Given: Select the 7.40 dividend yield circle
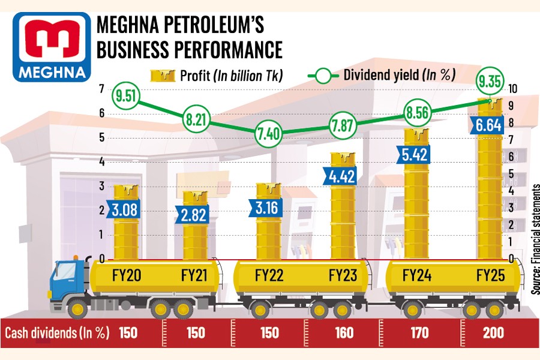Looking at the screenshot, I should pyautogui.click(x=269, y=133).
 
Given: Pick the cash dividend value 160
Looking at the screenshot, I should pyautogui.click(x=344, y=334).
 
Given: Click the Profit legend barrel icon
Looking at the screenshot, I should pyautogui.click(x=162, y=76).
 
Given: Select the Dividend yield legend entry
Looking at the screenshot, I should pyautogui.click(x=381, y=76).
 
